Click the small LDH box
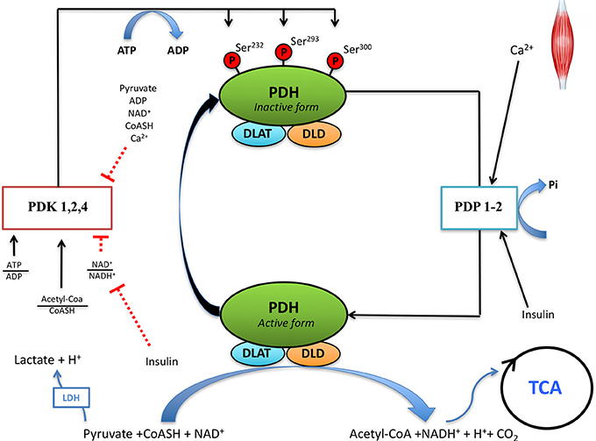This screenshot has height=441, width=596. coord(70,399)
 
